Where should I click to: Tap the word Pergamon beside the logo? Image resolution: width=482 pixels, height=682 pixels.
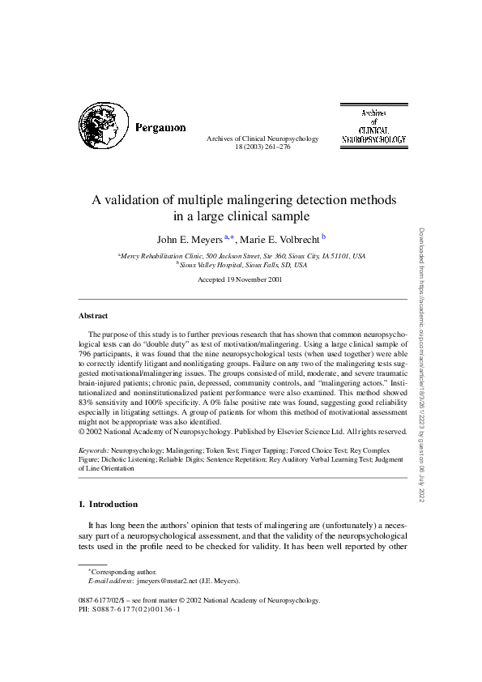click(160, 128)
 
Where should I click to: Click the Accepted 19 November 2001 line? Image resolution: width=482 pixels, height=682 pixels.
click(240, 279)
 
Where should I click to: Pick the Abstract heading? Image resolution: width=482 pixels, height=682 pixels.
click(92, 315)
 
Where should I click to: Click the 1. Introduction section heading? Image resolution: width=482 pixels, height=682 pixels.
click(108, 504)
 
